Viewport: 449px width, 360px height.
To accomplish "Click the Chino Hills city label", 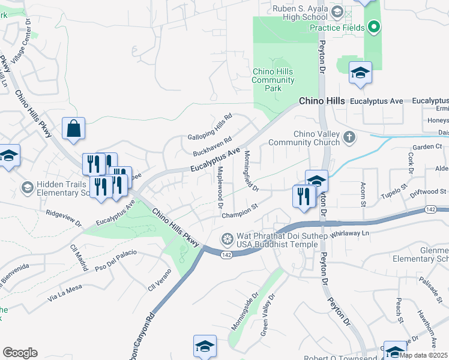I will click(x=322, y=101).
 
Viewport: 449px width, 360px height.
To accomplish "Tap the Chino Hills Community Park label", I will click(x=274, y=80).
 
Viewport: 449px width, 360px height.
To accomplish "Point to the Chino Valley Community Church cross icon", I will click(x=348, y=138).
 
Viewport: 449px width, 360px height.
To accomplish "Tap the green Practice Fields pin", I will click(x=374, y=28).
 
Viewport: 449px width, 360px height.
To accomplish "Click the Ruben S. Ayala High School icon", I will click(x=337, y=12).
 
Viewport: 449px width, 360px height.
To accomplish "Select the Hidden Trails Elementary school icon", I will click(x=26, y=188).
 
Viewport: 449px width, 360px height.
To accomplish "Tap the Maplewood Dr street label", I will click(x=218, y=188).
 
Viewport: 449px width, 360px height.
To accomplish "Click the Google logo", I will click(x=20, y=353).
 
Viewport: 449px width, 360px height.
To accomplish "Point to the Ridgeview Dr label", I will click(x=64, y=218).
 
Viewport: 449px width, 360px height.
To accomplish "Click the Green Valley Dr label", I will click(x=268, y=314).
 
